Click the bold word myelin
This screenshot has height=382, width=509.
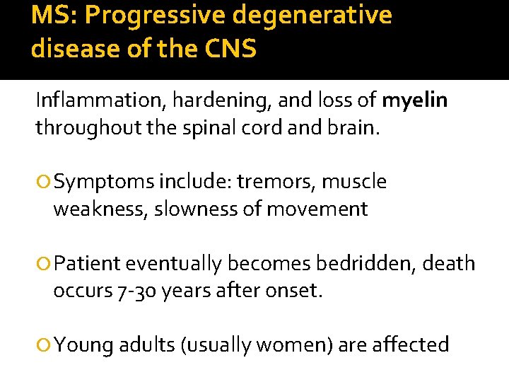[x=414, y=101]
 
